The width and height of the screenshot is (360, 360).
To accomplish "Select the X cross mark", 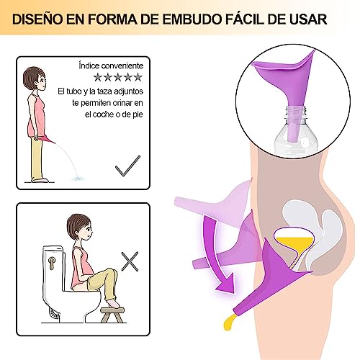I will (130, 261).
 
